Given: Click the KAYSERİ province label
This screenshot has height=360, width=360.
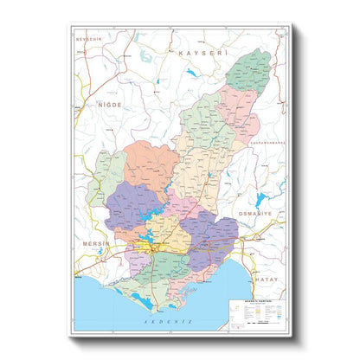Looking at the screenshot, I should pos(195,54).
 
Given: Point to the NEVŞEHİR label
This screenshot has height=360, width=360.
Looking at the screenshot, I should pos(88,41).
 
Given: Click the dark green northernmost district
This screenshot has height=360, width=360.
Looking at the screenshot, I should pos(252,68).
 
